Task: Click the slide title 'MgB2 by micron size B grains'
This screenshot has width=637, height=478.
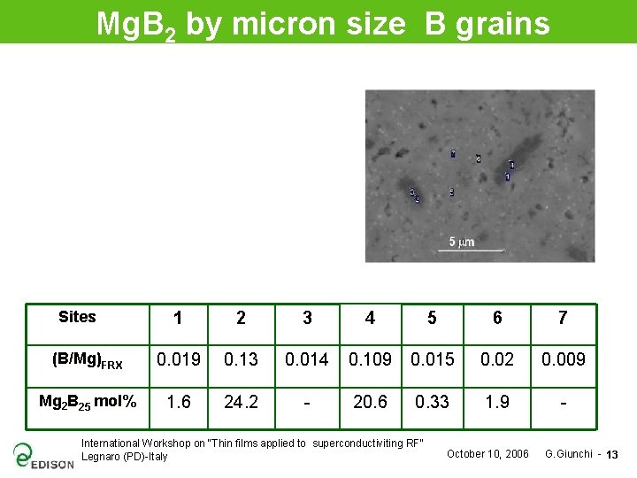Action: tap(322, 23)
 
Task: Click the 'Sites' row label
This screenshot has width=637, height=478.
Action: tap(77, 317)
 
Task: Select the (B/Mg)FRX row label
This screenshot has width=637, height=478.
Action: tap(87, 359)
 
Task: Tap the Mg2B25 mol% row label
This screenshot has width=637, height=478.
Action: tap(87, 402)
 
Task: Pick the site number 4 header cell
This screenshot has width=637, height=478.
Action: tap(370, 318)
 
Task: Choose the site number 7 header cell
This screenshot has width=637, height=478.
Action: tap(563, 318)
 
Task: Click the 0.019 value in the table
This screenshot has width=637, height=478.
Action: tap(179, 359)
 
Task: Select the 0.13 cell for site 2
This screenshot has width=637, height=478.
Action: tap(241, 359)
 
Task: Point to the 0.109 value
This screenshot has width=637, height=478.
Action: tap(370, 359)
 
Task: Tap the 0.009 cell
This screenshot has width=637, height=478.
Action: tap(563, 359)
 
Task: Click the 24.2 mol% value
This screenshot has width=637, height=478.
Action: tap(241, 402)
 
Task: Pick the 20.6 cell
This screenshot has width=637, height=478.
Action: tap(370, 402)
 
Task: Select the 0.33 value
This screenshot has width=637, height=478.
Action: tap(432, 402)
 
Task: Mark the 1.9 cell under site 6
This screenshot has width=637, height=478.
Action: tap(497, 402)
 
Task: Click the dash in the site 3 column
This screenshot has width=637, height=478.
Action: tap(306, 402)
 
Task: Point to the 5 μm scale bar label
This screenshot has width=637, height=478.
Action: tap(462, 242)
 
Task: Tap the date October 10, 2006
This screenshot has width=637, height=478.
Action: tap(487, 454)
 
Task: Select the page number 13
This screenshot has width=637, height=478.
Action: tap(612, 455)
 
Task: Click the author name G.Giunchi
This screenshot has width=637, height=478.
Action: tap(568, 454)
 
